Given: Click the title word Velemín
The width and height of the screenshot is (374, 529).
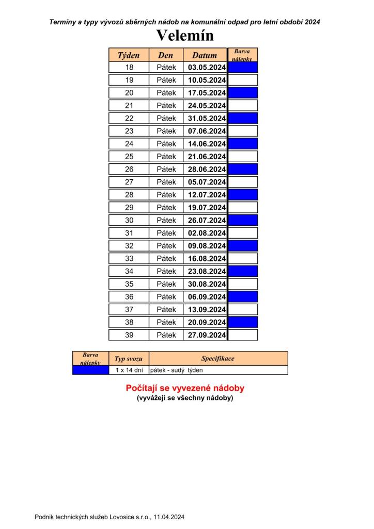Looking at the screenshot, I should tap(184, 36).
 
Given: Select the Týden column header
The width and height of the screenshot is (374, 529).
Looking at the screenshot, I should tap(129, 55).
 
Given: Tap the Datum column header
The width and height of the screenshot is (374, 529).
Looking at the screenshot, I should tap(205, 55).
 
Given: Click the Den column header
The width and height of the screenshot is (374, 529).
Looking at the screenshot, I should tap(166, 55).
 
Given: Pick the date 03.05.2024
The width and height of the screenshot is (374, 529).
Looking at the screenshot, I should tap(207, 67).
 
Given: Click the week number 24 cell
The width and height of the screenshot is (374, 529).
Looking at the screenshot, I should tap(129, 144).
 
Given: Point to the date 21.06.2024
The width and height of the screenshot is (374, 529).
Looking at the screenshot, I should tap(207, 157).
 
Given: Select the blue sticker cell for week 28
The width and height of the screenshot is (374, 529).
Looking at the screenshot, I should tap(243, 195).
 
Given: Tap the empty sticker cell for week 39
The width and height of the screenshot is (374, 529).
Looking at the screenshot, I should tap(243, 335).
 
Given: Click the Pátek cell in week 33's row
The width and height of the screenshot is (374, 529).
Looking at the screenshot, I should tap(166, 258).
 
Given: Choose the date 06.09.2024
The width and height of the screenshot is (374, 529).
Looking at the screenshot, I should tap(207, 297).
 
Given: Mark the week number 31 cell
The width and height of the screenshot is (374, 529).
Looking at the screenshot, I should tap(129, 233).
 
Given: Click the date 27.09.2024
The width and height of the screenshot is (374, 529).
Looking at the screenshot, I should tap(207, 335).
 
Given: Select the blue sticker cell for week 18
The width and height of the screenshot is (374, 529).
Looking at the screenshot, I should tap(243, 67).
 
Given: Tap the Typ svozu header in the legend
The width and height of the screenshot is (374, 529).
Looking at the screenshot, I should tap(129, 359).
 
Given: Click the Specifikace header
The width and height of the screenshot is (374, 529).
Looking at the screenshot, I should tap(218, 359).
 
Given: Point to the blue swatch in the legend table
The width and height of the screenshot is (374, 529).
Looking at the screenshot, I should tap(90, 370).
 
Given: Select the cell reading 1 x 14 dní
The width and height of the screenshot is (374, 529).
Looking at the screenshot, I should tap(129, 370).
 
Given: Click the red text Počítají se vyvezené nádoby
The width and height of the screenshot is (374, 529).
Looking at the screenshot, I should tap(185, 388).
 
